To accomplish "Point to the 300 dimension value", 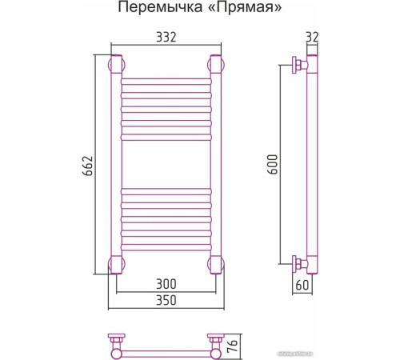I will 165,285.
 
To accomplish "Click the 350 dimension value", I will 165,300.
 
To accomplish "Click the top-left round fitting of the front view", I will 115,64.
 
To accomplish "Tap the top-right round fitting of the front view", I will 214,64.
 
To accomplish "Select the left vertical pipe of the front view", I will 115,164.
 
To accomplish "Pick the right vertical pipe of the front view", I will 214,164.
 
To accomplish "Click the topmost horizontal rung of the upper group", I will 165,81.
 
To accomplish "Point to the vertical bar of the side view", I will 313,164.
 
